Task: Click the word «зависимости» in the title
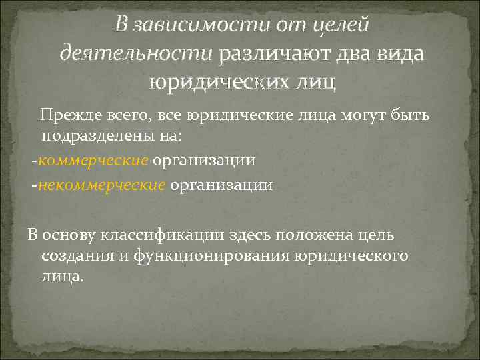(x=193, y=25)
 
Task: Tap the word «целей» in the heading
(x=339, y=25)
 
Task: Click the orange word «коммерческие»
(x=93, y=161)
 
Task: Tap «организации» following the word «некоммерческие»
(x=221, y=184)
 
